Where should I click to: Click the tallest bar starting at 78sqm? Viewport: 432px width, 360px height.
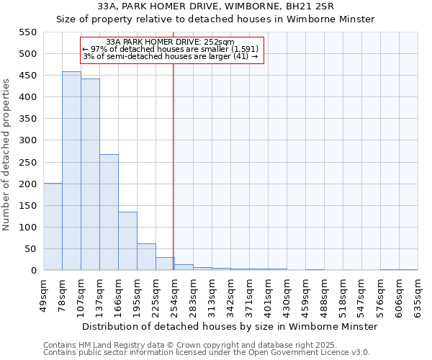coord(71,171)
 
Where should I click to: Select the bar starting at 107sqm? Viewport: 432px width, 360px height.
coord(90,175)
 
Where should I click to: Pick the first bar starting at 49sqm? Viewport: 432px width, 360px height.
coord(53,227)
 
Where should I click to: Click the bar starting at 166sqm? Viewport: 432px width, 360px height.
coord(127,241)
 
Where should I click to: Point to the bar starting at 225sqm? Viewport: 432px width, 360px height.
coord(165,264)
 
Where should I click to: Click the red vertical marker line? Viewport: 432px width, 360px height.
coord(174,166)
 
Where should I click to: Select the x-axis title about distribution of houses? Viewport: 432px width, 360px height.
coord(230,327)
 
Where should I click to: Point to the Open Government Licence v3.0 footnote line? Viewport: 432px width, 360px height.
coord(207,352)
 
